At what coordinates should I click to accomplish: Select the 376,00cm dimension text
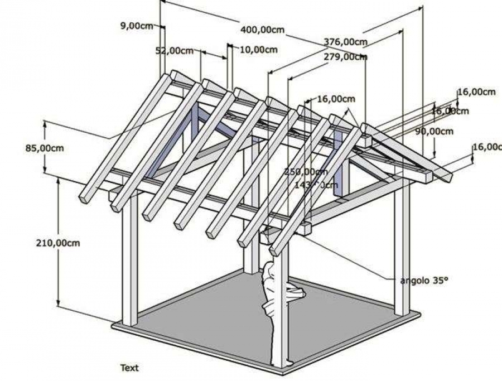point(345,42)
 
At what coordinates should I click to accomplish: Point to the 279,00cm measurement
point(345,56)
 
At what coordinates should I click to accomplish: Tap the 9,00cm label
point(136,25)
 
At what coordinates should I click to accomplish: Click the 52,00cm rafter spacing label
point(174,51)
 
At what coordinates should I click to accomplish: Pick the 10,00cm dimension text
point(259,50)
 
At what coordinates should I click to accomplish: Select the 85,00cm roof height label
point(44,148)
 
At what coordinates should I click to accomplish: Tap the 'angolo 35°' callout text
point(423,281)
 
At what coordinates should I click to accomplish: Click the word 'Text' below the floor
point(129,368)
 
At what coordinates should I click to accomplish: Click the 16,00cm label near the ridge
point(336,99)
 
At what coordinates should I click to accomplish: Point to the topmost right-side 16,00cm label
point(476,91)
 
